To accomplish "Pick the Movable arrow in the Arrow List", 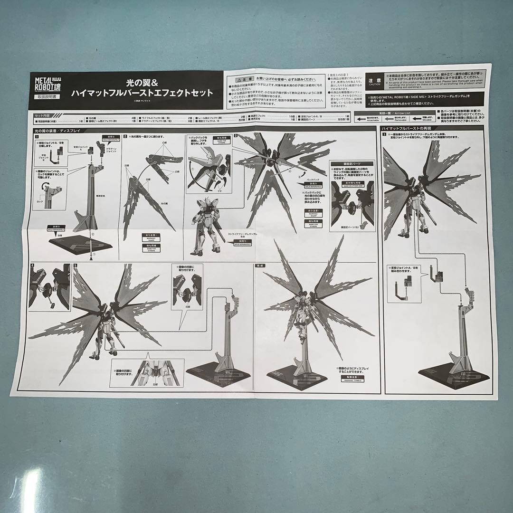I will click(x=418, y=119).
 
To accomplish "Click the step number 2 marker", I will click(x=125, y=136).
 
